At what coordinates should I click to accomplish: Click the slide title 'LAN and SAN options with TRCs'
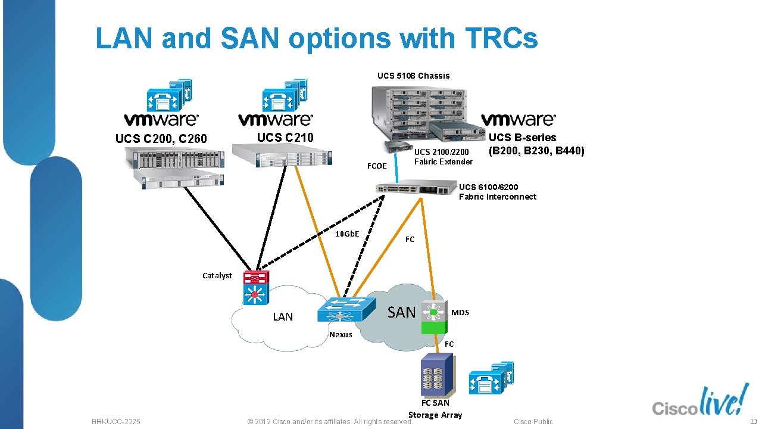point(317,38)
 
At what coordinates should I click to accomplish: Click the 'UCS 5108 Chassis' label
point(413,76)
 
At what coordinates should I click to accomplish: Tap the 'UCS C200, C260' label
point(161,139)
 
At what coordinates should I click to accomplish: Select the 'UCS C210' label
point(285,138)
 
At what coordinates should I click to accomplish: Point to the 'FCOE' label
point(376,166)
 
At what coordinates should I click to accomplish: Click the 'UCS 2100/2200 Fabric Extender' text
point(443,157)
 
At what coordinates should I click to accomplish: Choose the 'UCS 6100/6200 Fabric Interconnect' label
point(497,192)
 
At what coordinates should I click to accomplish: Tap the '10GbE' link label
point(347,234)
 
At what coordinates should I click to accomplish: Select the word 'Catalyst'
point(217,275)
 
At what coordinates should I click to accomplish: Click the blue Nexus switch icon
point(345,310)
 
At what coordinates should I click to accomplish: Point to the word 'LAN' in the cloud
point(283,317)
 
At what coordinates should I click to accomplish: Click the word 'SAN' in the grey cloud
point(401,312)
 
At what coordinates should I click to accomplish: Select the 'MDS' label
point(460,312)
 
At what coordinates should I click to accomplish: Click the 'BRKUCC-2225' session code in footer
point(116,422)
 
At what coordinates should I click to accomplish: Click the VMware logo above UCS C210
point(276,119)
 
